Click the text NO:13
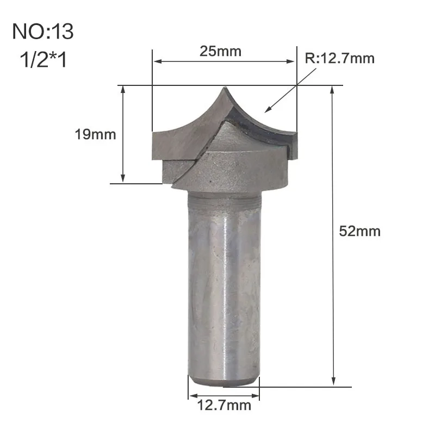pos(43,32)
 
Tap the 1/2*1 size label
pos(43,59)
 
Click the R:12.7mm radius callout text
pos(339,58)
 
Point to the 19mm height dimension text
pos(95,134)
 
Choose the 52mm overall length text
pos(359,231)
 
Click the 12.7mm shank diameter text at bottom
pos(224,405)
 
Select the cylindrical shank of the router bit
pos(224,288)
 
